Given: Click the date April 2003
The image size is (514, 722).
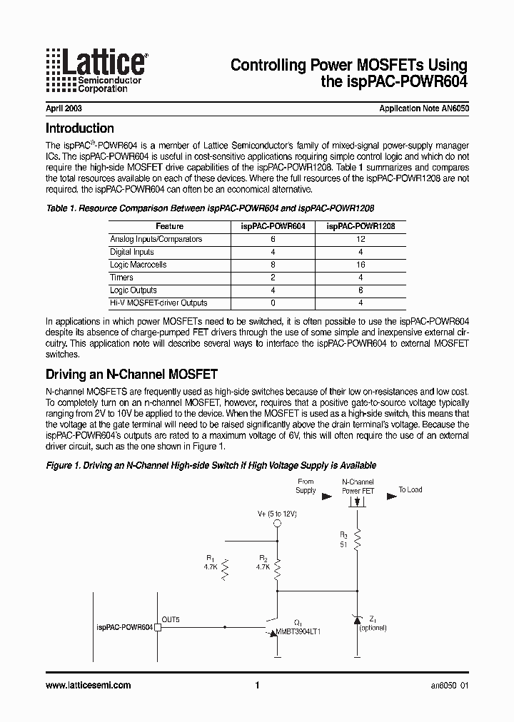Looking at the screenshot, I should pyautogui.click(x=64, y=110).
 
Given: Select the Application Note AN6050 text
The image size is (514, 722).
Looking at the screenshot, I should pyautogui.click(x=424, y=110).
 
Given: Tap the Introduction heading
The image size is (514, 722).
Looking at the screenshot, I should pyautogui.click(x=80, y=129).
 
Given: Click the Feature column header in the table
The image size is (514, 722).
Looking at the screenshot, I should pyautogui.click(x=169, y=226).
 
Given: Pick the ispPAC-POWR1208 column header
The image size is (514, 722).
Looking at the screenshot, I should pyautogui.click(x=361, y=226).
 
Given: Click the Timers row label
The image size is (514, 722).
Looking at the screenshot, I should pyautogui.click(x=121, y=278).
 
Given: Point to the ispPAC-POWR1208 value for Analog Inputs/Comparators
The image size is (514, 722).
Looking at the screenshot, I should pyautogui.click(x=361, y=239).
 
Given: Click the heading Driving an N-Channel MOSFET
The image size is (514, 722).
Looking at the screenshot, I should pyautogui.click(x=131, y=375).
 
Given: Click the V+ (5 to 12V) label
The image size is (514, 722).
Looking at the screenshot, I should pyautogui.click(x=277, y=514).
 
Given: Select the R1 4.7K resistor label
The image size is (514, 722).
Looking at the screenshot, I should pyautogui.click(x=209, y=562).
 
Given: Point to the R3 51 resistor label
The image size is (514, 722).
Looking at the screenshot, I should pyautogui.click(x=343, y=539).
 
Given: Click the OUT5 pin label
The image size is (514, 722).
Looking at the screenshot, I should pyautogui.click(x=171, y=620).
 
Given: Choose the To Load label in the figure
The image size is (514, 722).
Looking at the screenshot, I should pyautogui.click(x=410, y=490).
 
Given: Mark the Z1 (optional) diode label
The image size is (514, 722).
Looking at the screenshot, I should pyautogui.click(x=373, y=624).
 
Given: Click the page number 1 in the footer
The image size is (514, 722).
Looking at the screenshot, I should pyautogui.click(x=256, y=686).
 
